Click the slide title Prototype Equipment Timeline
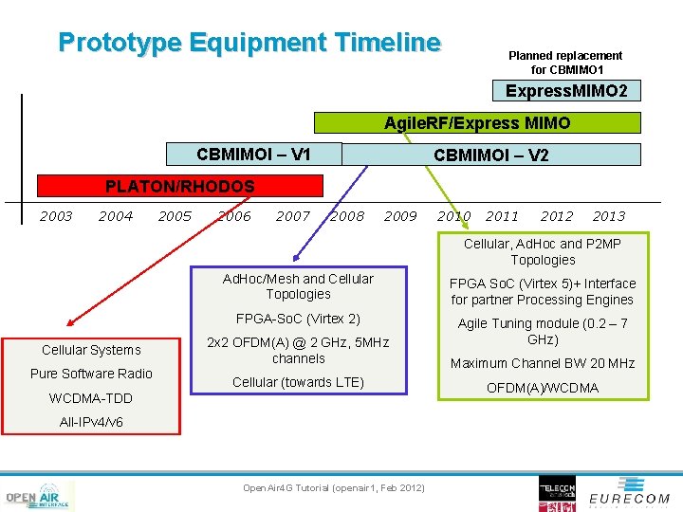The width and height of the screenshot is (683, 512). (249, 43)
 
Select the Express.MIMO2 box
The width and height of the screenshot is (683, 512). (566, 91)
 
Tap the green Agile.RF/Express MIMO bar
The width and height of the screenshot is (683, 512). (477, 122)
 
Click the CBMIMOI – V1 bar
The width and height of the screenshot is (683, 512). (253, 154)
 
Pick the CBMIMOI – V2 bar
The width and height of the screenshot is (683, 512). (490, 155)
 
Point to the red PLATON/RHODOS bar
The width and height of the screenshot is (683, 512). (180, 187)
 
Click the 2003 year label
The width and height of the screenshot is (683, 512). (56, 216)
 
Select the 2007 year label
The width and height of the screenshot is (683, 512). (292, 216)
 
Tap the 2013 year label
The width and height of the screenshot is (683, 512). (608, 216)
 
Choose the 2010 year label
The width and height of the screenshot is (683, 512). (453, 216)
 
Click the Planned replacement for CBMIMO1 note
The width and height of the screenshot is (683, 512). (565, 63)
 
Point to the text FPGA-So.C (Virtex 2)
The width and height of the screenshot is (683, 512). (298, 319)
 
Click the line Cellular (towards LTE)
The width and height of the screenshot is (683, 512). (298, 382)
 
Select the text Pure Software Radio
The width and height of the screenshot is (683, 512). (91, 374)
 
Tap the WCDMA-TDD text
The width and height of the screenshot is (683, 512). (91, 398)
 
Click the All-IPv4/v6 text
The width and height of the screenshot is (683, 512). (91, 422)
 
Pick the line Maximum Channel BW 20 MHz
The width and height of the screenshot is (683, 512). (543, 363)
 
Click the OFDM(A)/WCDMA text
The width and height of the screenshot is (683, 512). (543, 388)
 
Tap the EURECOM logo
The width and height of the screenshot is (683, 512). (628, 496)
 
